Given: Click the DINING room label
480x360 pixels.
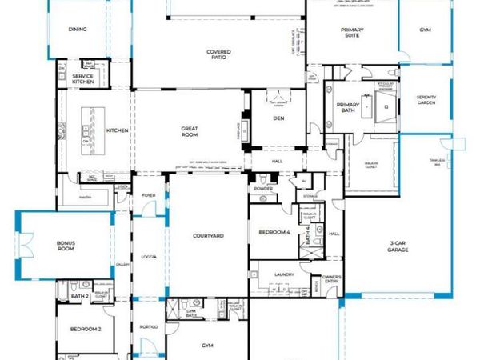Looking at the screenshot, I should (78, 30).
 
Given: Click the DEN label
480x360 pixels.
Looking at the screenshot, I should (279, 119).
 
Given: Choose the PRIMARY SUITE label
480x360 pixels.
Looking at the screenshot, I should (353, 32).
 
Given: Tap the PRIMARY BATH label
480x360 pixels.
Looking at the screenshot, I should (347, 109).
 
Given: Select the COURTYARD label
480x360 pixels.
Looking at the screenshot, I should (208, 236).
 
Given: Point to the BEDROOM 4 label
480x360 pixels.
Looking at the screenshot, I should (274, 232).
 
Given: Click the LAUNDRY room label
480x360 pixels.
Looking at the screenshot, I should (283, 274).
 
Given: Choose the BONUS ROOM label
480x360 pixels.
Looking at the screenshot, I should (66, 246).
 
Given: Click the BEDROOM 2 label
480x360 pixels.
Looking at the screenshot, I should (85, 329).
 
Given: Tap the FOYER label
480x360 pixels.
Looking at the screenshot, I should (149, 194).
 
